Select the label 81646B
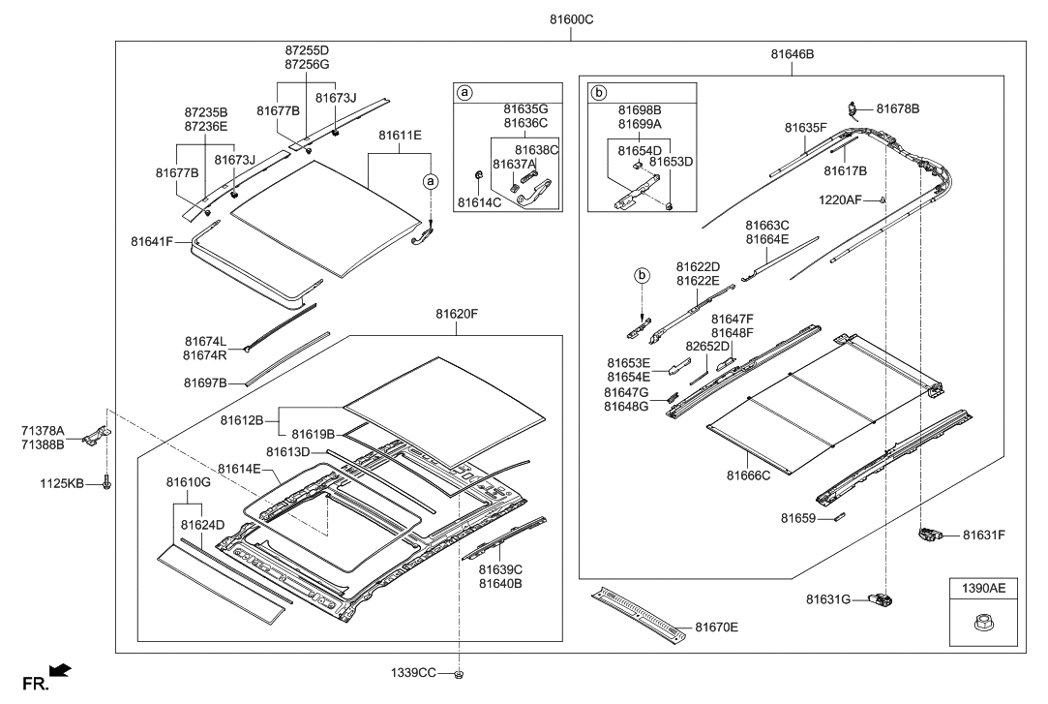(x=792, y=55)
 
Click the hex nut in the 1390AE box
(x=984, y=627)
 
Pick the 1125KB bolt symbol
(x=105, y=481)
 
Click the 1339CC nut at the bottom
(x=460, y=672)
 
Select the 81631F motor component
(x=929, y=533)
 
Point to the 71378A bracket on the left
(x=100, y=436)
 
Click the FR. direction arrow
(x=60, y=670)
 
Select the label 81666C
(x=748, y=475)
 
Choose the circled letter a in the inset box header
(x=464, y=93)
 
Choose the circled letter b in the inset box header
(x=598, y=93)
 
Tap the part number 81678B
(x=898, y=108)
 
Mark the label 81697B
(x=204, y=383)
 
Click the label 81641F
(x=154, y=241)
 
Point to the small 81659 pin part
(x=839, y=518)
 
